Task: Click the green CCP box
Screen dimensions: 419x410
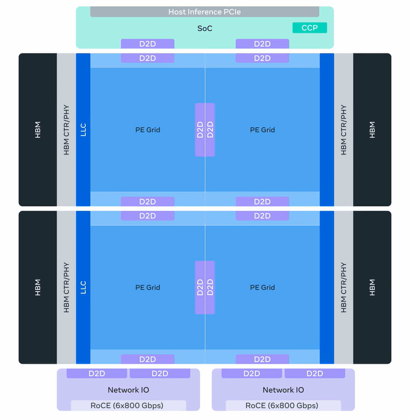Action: (x=310, y=28)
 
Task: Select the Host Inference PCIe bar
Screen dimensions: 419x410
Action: (x=204, y=12)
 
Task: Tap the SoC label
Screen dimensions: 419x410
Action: (x=204, y=28)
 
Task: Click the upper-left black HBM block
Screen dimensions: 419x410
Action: (x=38, y=130)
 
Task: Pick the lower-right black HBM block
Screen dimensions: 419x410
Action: (x=372, y=287)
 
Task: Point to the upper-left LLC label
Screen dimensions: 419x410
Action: (x=83, y=130)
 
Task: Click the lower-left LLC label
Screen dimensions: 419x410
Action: (x=83, y=287)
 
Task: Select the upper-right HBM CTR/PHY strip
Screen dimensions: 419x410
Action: (x=343, y=130)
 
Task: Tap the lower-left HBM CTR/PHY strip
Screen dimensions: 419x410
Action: (x=66, y=287)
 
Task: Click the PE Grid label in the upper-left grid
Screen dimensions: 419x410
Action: (x=147, y=130)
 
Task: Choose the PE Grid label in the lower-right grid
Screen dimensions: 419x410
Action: (x=263, y=287)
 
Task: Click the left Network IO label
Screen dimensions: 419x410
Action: (x=128, y=390)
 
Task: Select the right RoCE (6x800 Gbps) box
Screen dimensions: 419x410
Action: (x=283, y=406)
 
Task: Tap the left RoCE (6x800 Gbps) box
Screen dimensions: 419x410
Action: (x=128, y=406)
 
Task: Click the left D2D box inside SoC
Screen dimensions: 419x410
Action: (x=147, y=44)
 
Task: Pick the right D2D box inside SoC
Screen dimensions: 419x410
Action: (x=263, y=44)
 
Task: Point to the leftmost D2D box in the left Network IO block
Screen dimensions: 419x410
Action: (x=97, y=373)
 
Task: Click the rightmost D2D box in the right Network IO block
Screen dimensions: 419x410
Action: (x=315, y=373)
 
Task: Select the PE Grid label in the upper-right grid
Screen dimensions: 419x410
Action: (x=263, y=130)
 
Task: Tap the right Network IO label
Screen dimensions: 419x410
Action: (x=283, y=390)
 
